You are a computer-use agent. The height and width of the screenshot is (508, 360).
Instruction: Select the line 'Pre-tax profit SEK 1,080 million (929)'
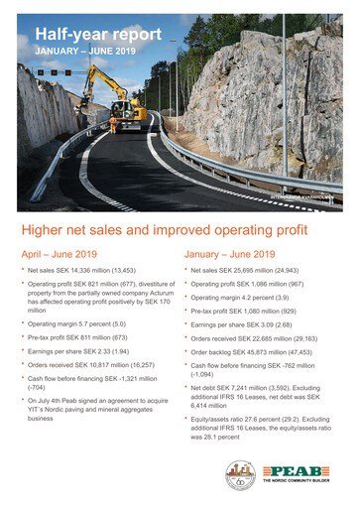pos(259,311)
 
